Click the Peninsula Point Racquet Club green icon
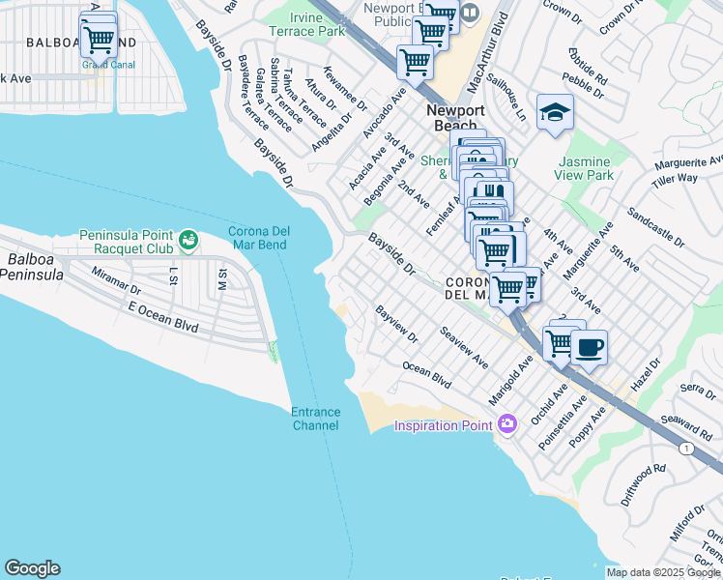(x=188, y=238)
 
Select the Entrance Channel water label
(x=315, y=419)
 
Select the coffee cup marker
(x=589, y=347)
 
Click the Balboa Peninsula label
(x=35, y=268)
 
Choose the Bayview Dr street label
(x=396, y=325)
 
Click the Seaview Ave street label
(x=464, y=345)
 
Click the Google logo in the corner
(x=32, y=568)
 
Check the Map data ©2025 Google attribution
(x=663, y=572)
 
